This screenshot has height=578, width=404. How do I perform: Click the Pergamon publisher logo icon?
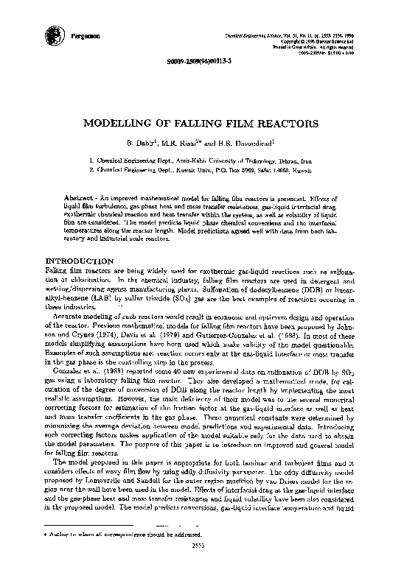(52, 32)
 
